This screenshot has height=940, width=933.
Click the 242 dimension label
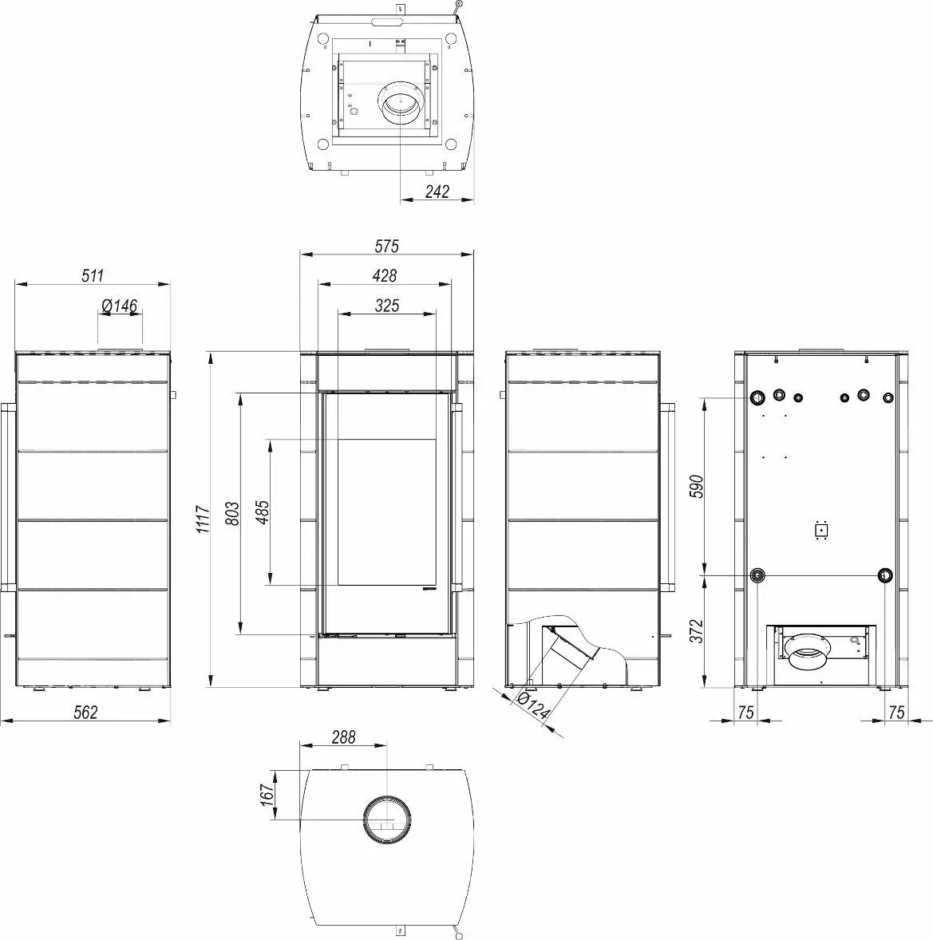point(437,192)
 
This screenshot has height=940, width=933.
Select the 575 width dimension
point(387,246)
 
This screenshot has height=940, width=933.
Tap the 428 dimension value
point(385,275)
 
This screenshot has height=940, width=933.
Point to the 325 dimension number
point(387,305)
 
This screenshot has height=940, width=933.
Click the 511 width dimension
point(93,275)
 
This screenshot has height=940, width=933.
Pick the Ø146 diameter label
point(120,306)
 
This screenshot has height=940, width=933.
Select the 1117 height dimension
point(204,519)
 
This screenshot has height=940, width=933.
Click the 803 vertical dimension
point(232,514)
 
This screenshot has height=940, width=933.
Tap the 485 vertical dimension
point(262,511)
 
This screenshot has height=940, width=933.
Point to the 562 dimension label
point(85,713)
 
